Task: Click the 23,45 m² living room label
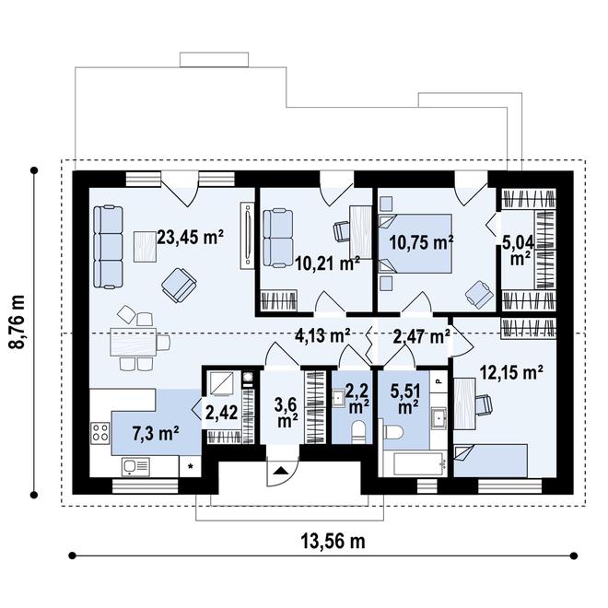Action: coord(190,238)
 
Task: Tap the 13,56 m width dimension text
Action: coord(333,542)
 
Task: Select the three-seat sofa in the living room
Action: coord(108,247)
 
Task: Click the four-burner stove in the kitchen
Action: coord(100,433)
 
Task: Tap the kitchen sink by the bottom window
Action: coord(135,466)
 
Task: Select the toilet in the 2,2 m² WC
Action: coord(358,432)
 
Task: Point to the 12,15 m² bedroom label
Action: coord(511,373)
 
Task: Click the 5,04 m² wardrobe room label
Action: coord(518,251)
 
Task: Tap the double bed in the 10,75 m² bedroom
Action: coord(415,243)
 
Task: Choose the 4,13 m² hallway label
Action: coord(322,335)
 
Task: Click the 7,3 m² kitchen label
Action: coord(156,434)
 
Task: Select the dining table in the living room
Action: coord(134,342)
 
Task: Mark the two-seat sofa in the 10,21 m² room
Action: coord(277,238)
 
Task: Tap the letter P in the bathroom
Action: coord(438,380)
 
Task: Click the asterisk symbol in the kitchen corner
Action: coord(191,466)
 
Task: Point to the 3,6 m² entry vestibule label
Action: coord(286,413)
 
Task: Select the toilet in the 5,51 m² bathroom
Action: coord(392,431)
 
